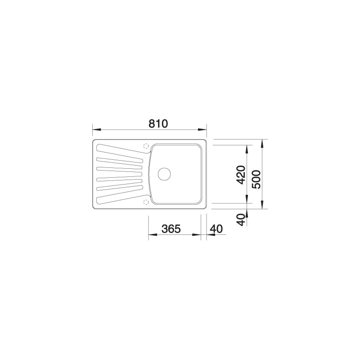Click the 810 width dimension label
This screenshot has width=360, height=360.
pos(158,124)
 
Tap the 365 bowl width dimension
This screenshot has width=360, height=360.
pos(171,229)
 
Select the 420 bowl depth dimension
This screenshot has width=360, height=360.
pos(241,175)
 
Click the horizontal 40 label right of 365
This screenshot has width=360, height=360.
pos(216,229)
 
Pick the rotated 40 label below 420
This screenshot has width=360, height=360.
pos(241,220)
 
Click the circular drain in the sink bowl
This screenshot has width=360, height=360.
pos(164,174)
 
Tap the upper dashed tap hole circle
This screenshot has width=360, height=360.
pos(146,146)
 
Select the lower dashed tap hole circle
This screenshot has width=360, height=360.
pos(146,202)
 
